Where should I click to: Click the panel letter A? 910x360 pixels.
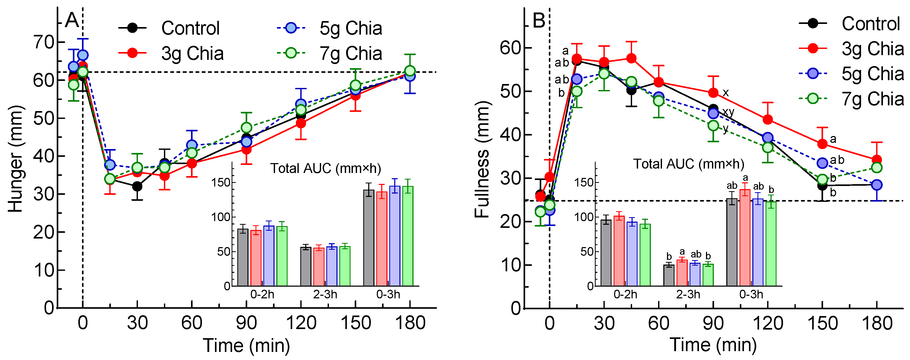pos(72,21)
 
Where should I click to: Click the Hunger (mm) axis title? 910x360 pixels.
pos(16,159)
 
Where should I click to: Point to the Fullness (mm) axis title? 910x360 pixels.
pos(482,159)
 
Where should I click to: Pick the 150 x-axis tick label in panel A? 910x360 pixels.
pos(355,323)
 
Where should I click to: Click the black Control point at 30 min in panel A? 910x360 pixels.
pos(137,186)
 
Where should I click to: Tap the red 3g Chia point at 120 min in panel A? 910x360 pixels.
pos(301,123)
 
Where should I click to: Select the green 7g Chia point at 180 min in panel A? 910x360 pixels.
pos(410,71)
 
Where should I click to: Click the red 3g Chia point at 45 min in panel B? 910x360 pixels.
pos(632,58)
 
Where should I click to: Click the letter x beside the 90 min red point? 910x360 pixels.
pos(726,93)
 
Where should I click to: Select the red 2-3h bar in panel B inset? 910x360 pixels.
pos(682,273)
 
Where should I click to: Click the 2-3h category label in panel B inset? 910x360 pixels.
pos(688,294)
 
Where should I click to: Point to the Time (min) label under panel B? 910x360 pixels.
pos(713,345)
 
